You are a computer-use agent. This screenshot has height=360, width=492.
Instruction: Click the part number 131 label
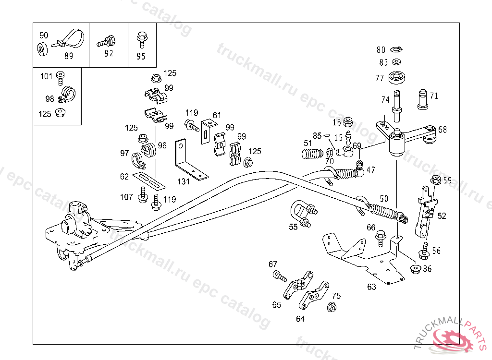coord(183,181)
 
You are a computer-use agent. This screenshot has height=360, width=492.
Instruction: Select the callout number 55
coord(293,227)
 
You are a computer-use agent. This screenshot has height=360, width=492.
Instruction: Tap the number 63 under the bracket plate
coord(371,287)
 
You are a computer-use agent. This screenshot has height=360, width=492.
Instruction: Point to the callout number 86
coord(427,269)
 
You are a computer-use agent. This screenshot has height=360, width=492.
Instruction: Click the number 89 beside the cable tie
coord(69,56)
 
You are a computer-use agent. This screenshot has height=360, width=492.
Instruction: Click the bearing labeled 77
coord(396,77)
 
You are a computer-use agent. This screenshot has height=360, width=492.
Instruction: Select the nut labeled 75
coord(332,307)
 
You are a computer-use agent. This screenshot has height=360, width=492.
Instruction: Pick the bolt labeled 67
coord(279,276)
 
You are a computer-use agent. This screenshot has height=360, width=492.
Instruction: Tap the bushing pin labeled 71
coord(422,98)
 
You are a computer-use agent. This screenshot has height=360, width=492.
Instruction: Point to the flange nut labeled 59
coord(435,180)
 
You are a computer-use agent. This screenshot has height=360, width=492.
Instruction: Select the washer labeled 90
coord(42,49)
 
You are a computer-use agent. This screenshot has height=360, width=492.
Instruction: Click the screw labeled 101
coord(60,76)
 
